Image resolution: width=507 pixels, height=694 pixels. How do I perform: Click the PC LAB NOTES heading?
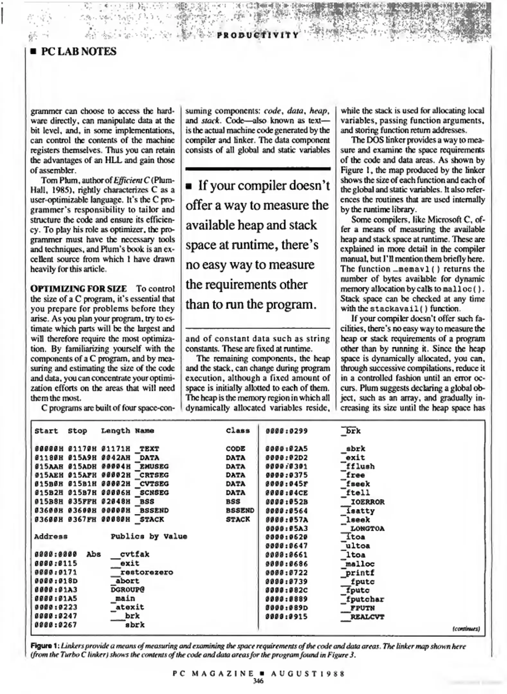click(x=78, y=52)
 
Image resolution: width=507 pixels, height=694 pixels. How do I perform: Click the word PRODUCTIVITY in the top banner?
click(x=258, y=35)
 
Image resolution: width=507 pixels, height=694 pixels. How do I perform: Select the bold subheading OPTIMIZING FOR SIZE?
click(x=78, y=289)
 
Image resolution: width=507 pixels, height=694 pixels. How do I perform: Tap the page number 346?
click(x=258, y=681)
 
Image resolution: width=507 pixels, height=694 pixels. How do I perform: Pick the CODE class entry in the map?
click(x=235, y=449)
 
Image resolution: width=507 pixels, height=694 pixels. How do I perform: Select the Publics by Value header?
click(x=149, y=536)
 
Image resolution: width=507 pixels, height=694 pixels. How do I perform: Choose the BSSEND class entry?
click(x=240, y=510)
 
